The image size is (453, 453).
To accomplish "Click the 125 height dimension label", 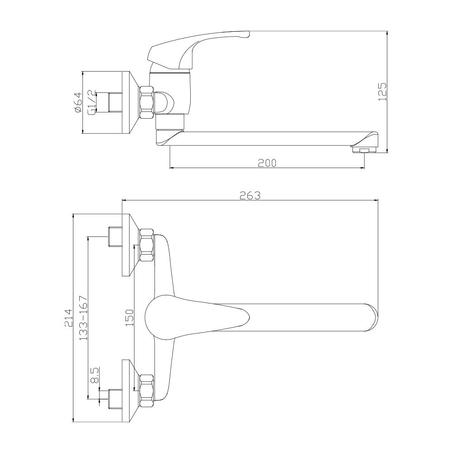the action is pos(382,92).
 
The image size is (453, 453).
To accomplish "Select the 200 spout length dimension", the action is pos(267,163).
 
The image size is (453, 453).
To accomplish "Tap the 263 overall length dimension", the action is pos(250,196).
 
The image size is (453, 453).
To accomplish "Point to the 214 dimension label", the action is pos(69,318).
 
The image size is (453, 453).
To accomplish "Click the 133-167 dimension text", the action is pos(83,318).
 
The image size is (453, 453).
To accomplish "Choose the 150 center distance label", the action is pos(130,318).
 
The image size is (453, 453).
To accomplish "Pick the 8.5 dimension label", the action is pos(95,375).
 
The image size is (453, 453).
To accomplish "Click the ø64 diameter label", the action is pos(78,102).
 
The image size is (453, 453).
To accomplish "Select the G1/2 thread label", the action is pos(92,102).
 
